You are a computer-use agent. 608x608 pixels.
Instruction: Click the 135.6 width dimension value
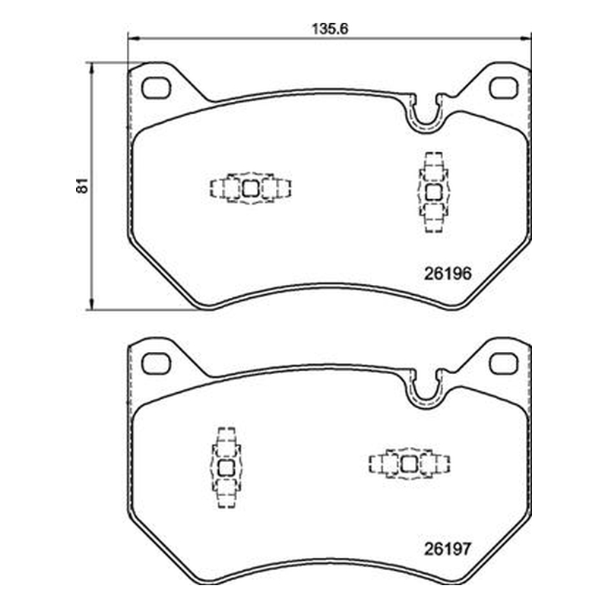pyautogui.click(x=330, y=29)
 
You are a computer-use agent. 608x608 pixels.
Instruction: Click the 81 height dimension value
pyautogui.click(x=83, y=185)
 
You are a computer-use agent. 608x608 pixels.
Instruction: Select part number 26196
pyautogui.click(x=448, y=274)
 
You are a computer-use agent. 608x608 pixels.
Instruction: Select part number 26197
pyautogui.click(x=448, y=549)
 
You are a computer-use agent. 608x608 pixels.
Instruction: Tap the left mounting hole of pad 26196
pyautogui.click(x=157, y=88)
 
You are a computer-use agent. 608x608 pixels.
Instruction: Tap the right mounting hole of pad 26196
pyautogui.click(x=503, y=88)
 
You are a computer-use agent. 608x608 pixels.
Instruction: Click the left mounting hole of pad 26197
pyautogui.click(x=157, y=363)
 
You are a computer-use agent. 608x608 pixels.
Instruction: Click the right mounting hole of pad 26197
pyautogui.click(x=503, y=363)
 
